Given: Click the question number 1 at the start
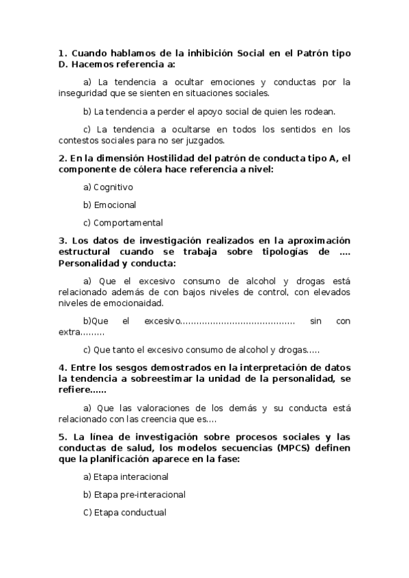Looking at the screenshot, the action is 62,52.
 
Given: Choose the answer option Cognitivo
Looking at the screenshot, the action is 113,187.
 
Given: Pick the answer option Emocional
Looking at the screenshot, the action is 115,204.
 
